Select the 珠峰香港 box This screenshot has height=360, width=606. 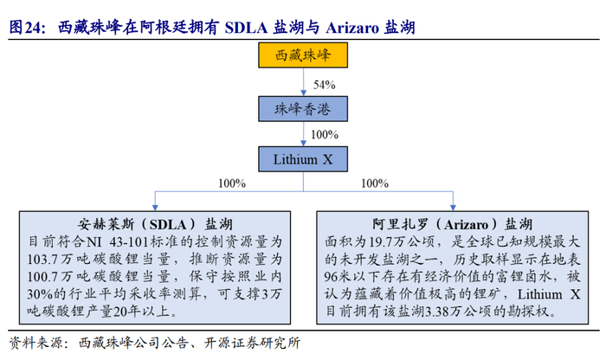(x=303, y=108)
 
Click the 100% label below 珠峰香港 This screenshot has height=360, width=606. (x=324, y=134)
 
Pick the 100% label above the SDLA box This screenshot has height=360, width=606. (x=231, y=183)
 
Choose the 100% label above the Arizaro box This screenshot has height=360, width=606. (x=374, y=183)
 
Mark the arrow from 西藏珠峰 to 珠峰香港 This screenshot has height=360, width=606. (x=303, y=85)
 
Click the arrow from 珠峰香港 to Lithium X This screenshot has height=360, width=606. (x=303, y=134)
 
